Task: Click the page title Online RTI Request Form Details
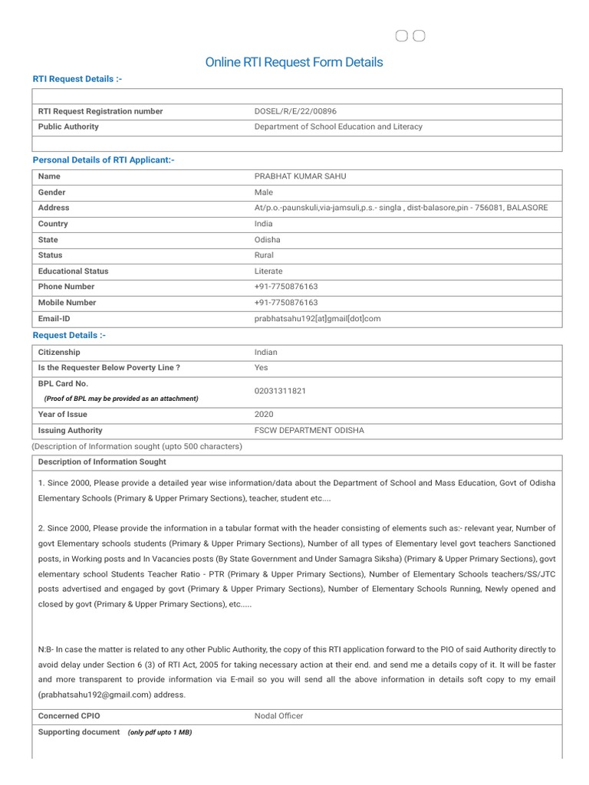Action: click(294, 62)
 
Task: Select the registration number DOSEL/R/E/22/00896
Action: click(295, 111)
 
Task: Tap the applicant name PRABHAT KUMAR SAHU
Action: click(300, 176)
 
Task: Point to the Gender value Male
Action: click(263, 192)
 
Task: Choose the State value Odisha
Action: click(267, 240)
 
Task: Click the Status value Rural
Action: click(264, 255)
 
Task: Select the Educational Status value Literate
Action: click(268, 271)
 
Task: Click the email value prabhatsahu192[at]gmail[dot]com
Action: click(318, 318)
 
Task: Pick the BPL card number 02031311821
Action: click(280, 391)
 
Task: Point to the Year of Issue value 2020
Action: click(264, 415)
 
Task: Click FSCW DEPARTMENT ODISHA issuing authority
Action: click(309, 431)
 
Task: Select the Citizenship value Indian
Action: click(266, 353)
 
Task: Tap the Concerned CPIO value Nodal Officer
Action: click(278, 716)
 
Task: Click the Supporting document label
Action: click(79, 732)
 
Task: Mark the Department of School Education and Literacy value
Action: click(338, 126)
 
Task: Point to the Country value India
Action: click(263, 224)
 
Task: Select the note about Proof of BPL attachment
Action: click(121, 399)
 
